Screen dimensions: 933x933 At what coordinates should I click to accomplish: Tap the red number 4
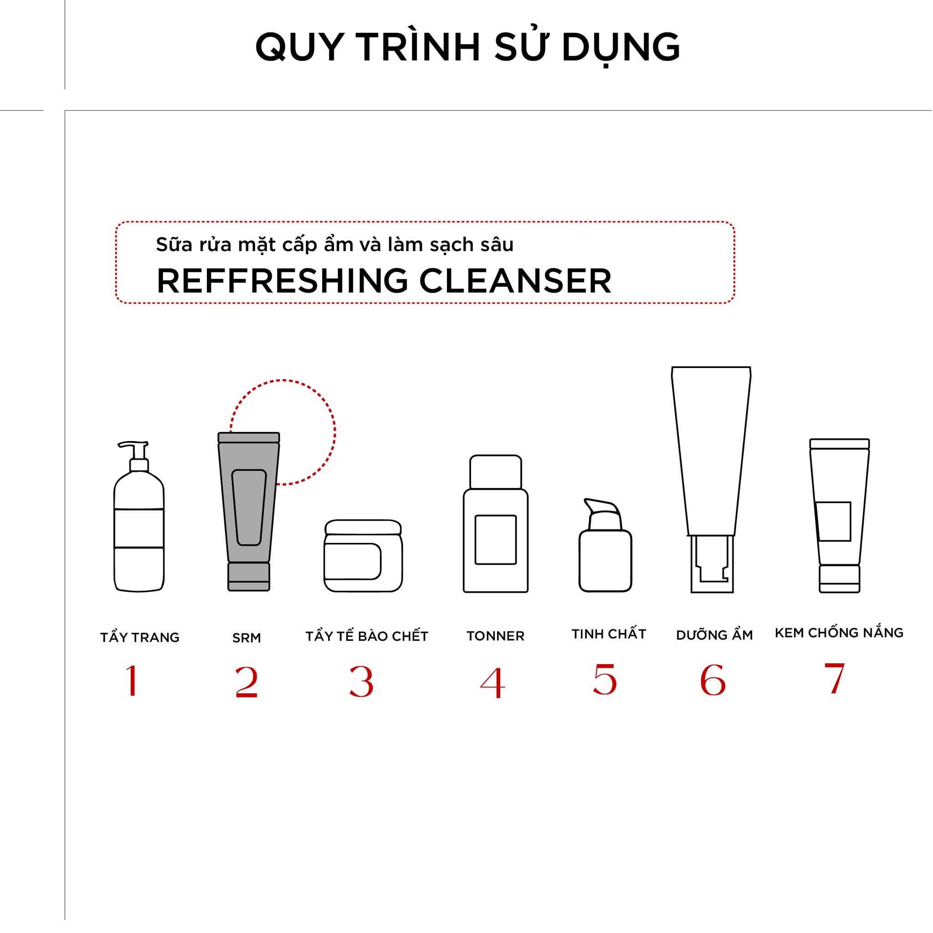tap(492, 682)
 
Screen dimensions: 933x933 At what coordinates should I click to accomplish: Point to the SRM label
tap(246, 638)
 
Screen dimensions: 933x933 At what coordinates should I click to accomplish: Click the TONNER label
tap(496, 636)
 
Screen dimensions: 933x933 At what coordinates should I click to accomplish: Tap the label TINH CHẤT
tap(609, 634)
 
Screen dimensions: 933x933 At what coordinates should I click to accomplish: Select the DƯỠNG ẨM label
tap(714, 635)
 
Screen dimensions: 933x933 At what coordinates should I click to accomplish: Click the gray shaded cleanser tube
tap(249, 512)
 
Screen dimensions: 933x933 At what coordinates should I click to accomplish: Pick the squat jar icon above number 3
tap(363, 556)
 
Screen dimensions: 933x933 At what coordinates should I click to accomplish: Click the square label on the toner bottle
tap(496, 539)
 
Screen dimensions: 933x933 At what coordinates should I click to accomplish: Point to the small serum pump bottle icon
tap(605, 545)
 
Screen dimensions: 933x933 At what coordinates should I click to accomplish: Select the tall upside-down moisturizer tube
tap(711, 480)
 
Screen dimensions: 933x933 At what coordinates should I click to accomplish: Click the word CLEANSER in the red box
tap(515, 281)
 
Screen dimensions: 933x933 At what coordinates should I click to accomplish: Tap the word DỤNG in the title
tap(621, 47)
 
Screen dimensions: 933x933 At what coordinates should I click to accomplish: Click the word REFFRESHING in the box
tap(282, 281)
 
